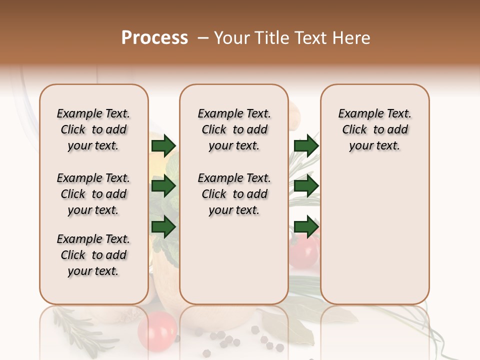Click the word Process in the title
pos(154,38)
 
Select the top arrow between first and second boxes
pos(163,145)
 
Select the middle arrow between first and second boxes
pos(163,186)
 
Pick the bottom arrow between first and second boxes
pos(163,227)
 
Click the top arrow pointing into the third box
pos(306,145)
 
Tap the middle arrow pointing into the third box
pos(306,186)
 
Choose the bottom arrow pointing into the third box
pos(306,227)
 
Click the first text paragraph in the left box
pos(93,129)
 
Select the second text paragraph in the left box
pos(93,194)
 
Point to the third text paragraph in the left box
pos(93,255)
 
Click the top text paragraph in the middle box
pos(234,129)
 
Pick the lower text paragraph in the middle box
pos(234,194)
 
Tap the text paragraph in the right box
pos(375,129)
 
